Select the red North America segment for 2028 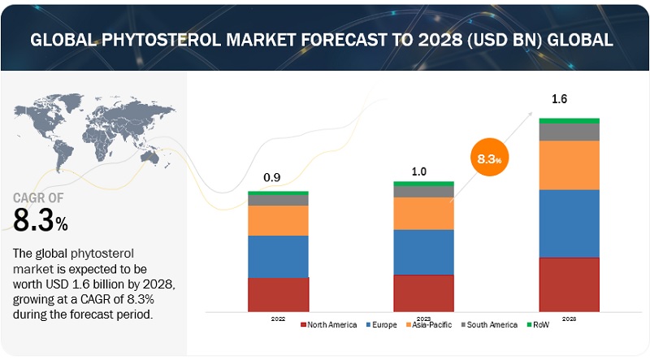569,284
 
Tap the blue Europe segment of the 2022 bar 278,256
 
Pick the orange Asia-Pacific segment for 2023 423,213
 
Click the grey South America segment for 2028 569,132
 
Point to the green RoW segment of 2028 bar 569,120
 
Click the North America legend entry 330,325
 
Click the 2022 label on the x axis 278,318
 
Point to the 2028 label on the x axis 569,318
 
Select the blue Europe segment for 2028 569,223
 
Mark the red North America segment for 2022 278,294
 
